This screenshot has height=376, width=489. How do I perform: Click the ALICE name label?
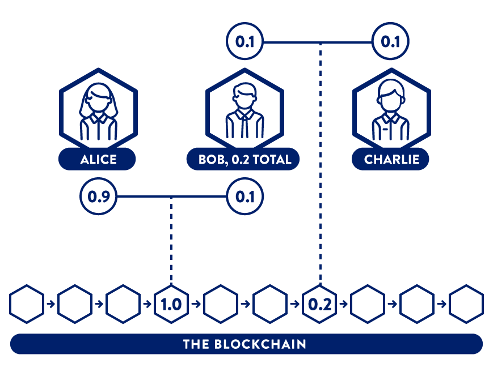(98, 160)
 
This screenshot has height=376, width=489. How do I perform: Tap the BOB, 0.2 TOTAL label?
(244, 160)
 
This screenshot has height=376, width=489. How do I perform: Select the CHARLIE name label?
(390, 160)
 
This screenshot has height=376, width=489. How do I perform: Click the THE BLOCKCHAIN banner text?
(244, 344)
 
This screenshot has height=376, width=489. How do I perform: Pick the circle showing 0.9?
(98, 196)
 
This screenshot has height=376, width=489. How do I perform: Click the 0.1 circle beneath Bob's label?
(244, 196)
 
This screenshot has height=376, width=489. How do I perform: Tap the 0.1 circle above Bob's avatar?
(244, 42)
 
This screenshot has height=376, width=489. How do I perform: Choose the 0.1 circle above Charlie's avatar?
(390, 42)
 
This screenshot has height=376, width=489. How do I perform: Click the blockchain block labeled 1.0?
(171, 304)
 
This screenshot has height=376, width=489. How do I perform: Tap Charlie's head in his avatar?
(390, 96)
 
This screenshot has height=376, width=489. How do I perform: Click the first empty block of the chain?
(26, 304)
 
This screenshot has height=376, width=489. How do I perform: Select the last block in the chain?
(466, 304)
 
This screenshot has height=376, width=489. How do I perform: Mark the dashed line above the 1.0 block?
(171, 241)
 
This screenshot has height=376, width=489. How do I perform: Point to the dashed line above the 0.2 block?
(321, 164)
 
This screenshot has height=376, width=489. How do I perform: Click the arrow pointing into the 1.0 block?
(149, 304)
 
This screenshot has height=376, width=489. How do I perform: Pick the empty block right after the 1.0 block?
(221, 304)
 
